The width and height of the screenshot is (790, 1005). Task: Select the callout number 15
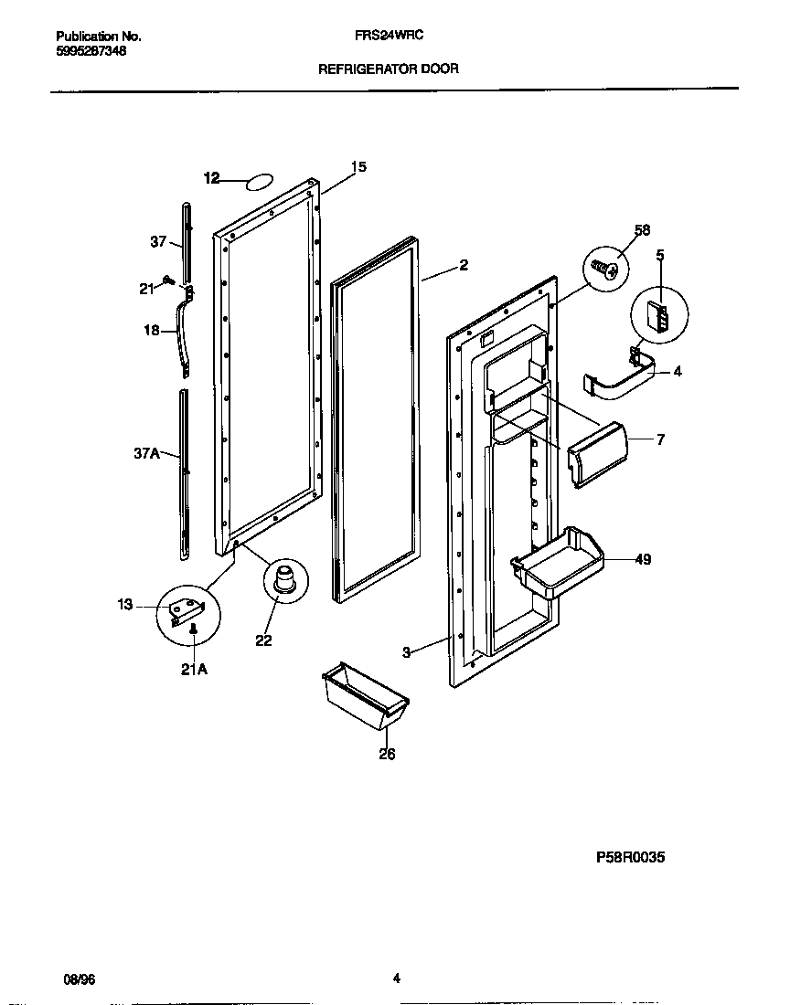[x=358, y=167]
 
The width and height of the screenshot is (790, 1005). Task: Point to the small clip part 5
[x=656, y=317]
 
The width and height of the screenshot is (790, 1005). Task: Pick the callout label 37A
[x=145, y=451]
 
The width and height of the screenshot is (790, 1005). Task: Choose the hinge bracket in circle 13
[x=188, y=607]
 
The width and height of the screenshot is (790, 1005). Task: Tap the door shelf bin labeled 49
[x=555, y=565]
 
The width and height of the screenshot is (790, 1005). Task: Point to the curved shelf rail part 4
[x=623, y=381]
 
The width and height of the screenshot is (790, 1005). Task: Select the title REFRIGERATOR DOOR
[x=388, y=69]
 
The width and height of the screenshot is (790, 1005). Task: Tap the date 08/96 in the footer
[x=80, y=979]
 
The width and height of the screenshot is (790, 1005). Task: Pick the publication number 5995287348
[x=91, y=51]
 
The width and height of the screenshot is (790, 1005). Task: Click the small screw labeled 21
[x=167, y=279]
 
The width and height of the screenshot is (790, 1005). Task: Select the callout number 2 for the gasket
[x=464, y=265]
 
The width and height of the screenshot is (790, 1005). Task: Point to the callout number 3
[x=407, y=651]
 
